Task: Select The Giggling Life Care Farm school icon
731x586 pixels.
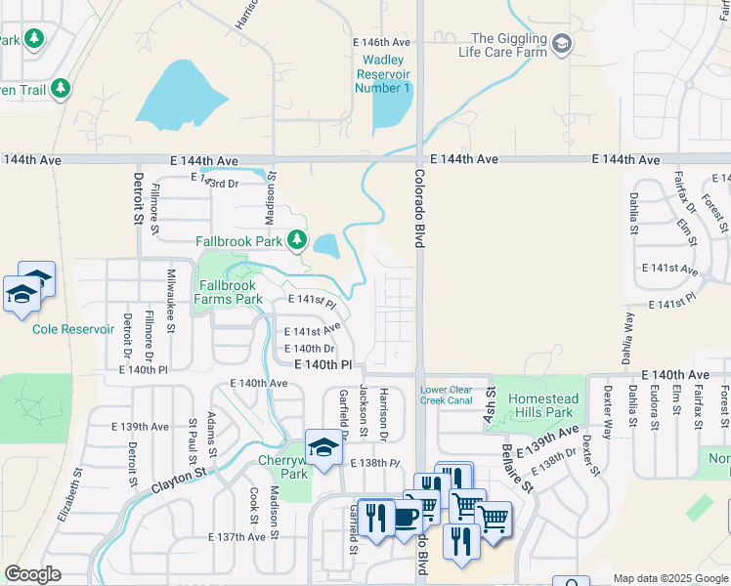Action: coord(562,43)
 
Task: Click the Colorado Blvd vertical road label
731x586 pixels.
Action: coord(418,210)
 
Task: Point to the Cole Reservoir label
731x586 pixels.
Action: coord(73,329)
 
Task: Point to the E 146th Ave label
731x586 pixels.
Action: coord(381,43)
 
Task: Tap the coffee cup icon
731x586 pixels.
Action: coord(408,517)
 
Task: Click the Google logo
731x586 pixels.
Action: coord(32,574)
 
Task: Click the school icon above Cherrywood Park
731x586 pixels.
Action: coord(323,447)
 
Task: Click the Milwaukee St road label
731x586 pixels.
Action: coord(171,299)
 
